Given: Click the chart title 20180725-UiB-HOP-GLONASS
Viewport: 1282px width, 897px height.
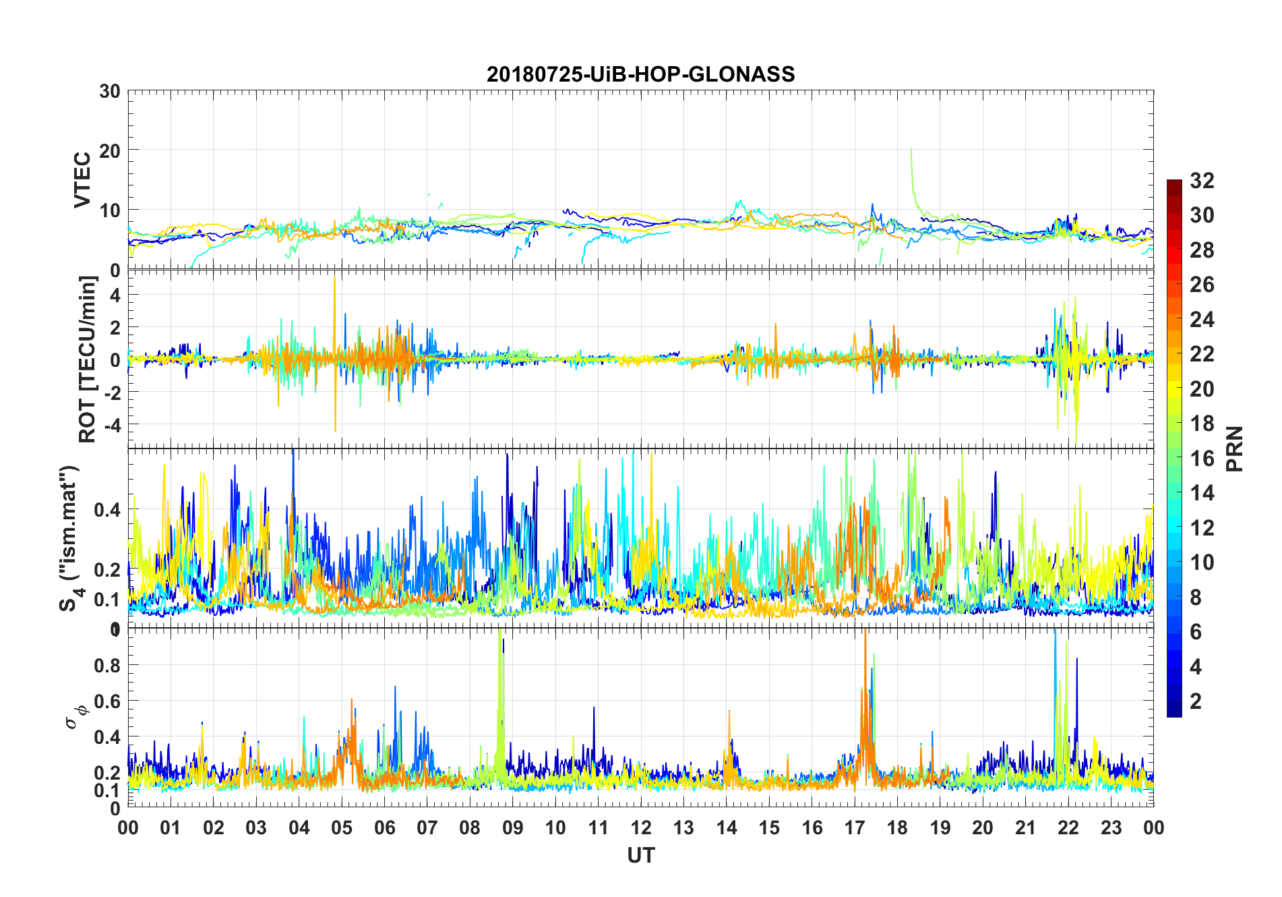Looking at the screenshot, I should tap(640, 74).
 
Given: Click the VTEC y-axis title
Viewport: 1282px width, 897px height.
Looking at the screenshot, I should tap(82, 180).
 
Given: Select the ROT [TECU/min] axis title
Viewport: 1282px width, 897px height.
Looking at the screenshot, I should tap(88, 359).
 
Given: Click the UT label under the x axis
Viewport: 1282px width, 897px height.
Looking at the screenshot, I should tap(640, 856).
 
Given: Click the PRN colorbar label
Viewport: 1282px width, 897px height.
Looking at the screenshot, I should tap(1234, 448).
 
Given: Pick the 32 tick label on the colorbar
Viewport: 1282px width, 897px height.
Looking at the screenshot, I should tap(1202, 180).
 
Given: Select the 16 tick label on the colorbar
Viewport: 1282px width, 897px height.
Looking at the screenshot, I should tap(1202, 458).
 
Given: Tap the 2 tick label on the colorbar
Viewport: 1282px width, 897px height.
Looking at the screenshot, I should tap(1196, 701).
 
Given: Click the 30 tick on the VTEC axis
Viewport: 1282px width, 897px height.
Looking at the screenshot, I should tap(110, 91).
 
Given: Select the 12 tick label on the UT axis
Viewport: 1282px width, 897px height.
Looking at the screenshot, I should tap(640, 828).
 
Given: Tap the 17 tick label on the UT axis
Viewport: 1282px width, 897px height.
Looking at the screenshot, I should tap(855, 828).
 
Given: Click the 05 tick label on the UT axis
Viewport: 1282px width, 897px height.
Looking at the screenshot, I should tap(342, 828).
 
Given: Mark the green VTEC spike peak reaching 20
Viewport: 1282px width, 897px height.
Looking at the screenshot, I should tap(911, 150).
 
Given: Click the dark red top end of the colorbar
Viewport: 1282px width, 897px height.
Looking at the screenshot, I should tap(1174, 183).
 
